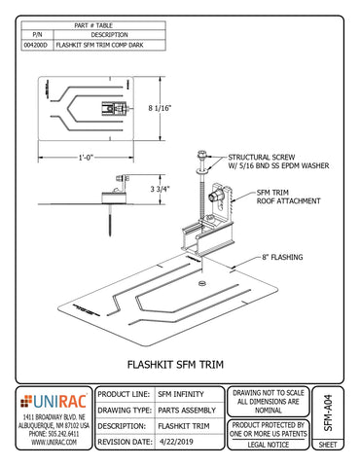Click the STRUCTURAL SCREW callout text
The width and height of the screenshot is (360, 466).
[x=259, y=156]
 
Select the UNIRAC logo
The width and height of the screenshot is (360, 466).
[x=54, y=400]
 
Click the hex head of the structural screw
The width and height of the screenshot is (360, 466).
[x=201, y=155]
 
